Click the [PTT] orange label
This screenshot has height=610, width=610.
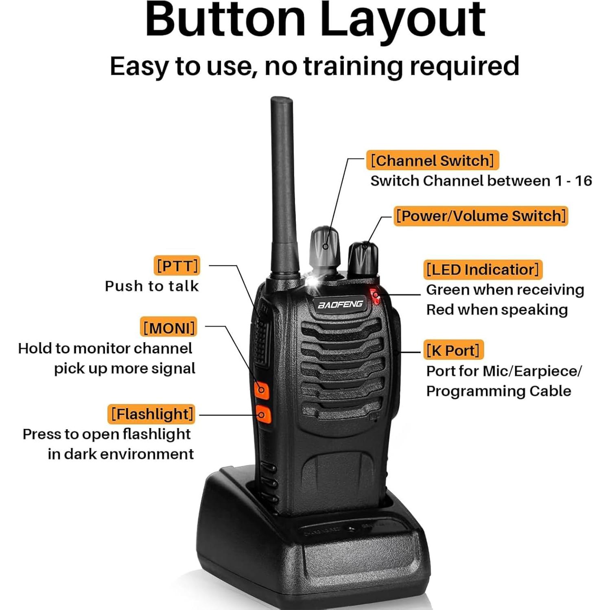pyautogui.click(x=177, y=266)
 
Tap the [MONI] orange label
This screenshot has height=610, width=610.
pyautogui.click(x=168, y=327)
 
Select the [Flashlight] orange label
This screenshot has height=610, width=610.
pyautogui.click(x=151, y=414)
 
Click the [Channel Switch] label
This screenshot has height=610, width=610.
pyautogui.click(x=433, y=160)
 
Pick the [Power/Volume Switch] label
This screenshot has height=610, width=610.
pyautogui.click(x=481, y=216)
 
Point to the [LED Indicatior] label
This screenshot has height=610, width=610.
pyautogui.click(x=483, y=269)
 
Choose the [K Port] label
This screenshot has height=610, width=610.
pyautogui.click(x=453, y=350)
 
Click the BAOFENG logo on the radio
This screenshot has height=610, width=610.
pyautogui.click(x=340, y=304)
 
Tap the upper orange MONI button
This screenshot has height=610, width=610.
pyautogui.click(x=262, y=390)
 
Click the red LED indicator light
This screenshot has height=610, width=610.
pyautogui.click(x=375, y=296)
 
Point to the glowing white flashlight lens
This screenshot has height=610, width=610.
pyautogui.click(x=312, y=282)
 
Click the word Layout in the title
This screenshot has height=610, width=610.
pyautogui.click(x=402, y=20)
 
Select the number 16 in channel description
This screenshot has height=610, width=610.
pyautogui.click(x=583, y=181)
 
